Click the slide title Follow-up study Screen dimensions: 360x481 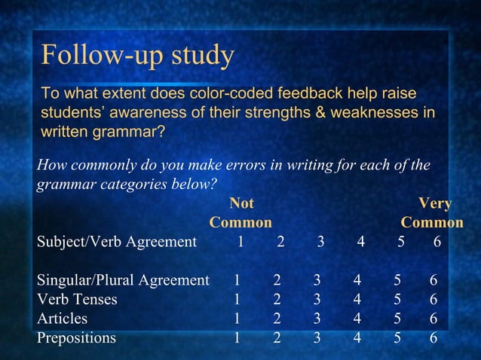click(137, 55)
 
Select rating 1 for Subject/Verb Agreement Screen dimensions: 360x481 click(240, 242)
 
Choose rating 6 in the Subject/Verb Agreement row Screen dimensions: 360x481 click(437, 242)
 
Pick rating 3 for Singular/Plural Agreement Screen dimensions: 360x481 click(317, 280)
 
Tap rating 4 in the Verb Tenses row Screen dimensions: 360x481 click(357, 300)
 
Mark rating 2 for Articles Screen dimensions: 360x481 click(277, 319)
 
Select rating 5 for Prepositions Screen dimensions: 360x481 click(397, 337)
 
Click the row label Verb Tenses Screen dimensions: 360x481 click(77, 300)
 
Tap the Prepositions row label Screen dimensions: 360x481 click(77, 337)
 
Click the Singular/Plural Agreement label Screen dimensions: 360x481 click(123, 280)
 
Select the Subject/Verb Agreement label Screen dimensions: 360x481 click(117, 242)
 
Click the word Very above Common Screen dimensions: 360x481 click(435, 203)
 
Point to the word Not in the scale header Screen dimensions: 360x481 click(241, 203)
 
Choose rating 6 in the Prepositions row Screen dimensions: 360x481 click(433, 337)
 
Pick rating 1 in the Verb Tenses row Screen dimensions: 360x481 click(237, 300)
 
